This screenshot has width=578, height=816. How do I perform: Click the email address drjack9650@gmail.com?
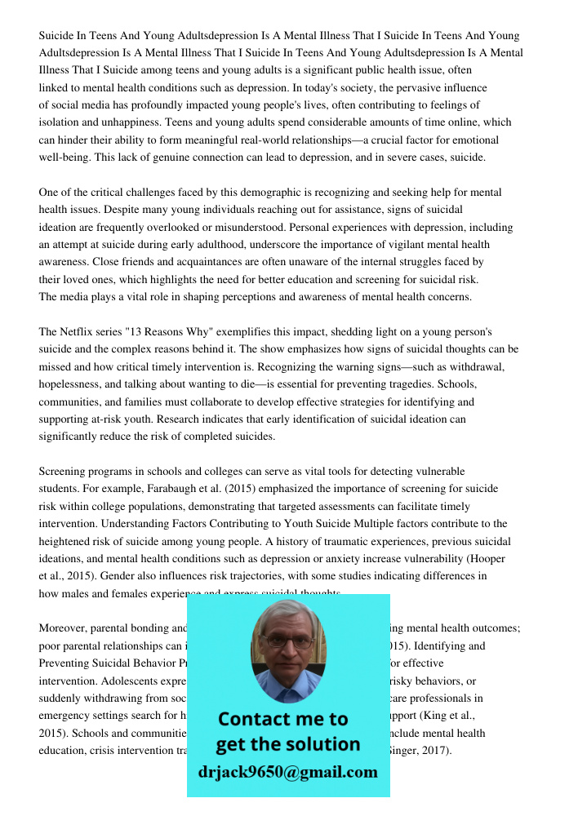point(287,772)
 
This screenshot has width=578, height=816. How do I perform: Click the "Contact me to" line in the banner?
point(282,719)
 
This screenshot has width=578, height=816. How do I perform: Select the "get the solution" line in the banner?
point(287,744)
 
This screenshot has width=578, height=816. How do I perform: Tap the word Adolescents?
point(116,681)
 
